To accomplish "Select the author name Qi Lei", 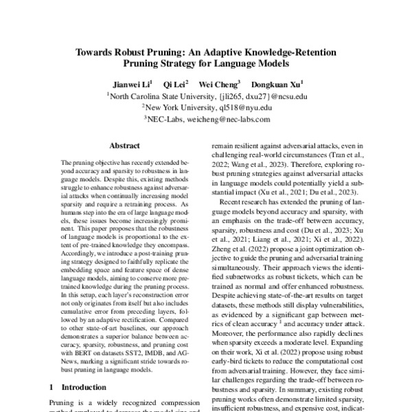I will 174,84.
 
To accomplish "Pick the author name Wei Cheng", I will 218,84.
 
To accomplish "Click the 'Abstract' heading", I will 125,146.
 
